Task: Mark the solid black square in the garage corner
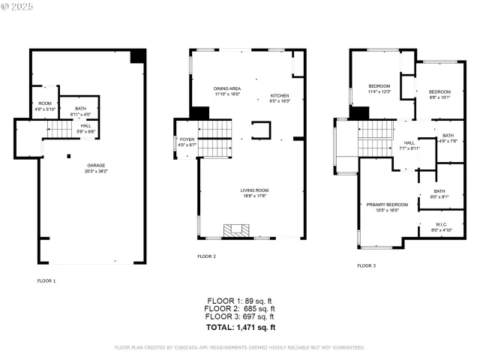(x=137, y=57)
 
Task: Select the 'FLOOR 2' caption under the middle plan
(x=206, y=256)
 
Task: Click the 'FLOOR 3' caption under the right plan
(x=366, y=265)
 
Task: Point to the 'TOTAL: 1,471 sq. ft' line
(x=241, y=328)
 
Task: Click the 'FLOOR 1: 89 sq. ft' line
(x=241, y=301)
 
